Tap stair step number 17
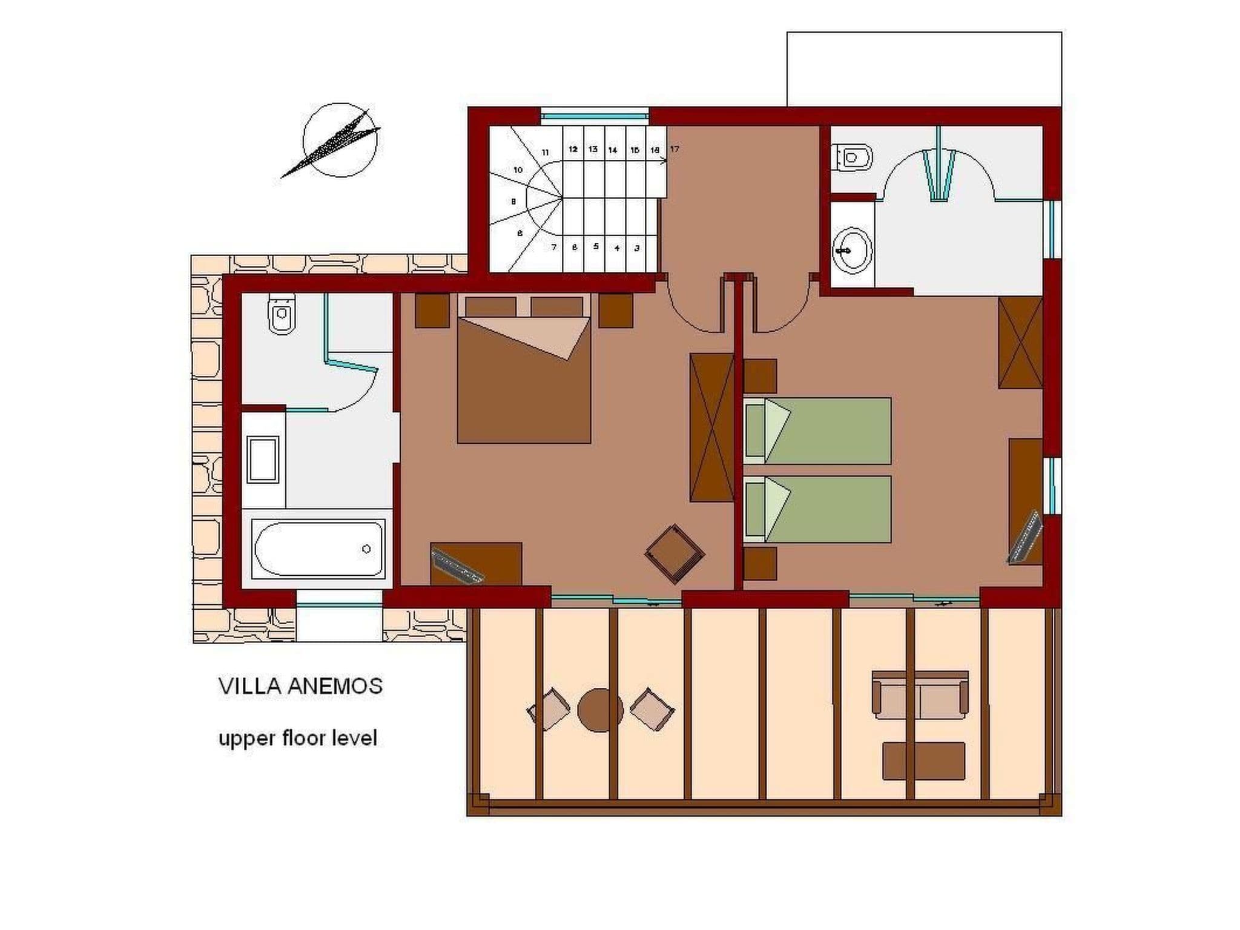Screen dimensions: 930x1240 click(x=675, y=149)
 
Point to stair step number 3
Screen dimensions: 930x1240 click(x=636, y=248)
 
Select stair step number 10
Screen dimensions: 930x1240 click(x=518, y=170)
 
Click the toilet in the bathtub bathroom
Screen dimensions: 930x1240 click(x=281, y=315)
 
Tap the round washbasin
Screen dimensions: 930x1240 click(x=852, y=249)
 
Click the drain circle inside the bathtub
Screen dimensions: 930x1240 click(x=366, y=549)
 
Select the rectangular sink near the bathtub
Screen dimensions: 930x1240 click(x=263, y=459)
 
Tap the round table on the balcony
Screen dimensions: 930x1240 click(x=600, y=710)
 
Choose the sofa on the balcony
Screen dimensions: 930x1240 click(x=920, y=695)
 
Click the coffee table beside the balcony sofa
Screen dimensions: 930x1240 click(x=923, y=761)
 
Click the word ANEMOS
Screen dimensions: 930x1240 click(x=334, y=686)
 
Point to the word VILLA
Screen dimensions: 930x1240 click(x=249, y=686)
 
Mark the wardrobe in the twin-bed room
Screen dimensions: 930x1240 click(x=1020, y=342)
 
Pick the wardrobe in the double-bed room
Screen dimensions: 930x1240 click(x=711, y=427)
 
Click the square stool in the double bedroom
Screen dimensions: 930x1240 click(x=674, y=553)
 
